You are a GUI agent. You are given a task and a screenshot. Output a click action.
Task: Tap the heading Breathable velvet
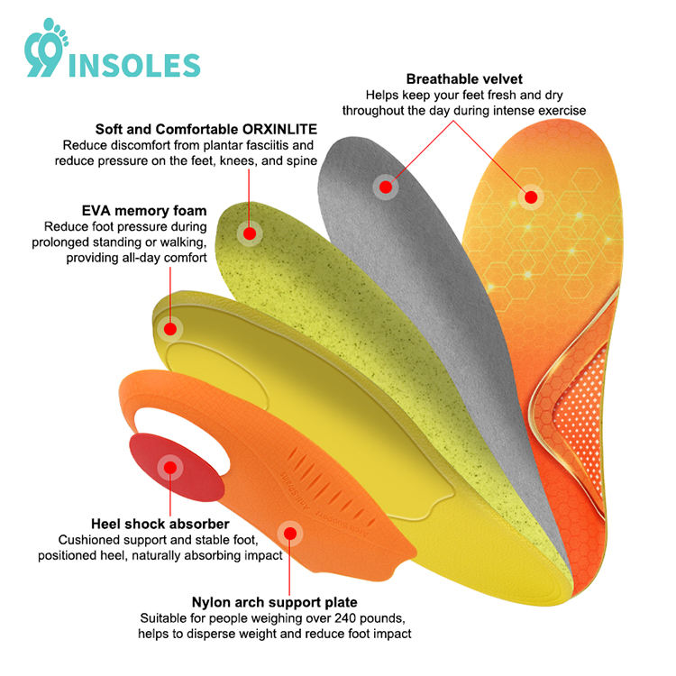click(464, 79)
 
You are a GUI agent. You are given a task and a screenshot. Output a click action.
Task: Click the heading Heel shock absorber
click(159, 524)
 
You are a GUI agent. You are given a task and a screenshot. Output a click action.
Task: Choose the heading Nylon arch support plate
click(275, 602)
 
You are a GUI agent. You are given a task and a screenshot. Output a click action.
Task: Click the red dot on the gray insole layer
click(386, 187)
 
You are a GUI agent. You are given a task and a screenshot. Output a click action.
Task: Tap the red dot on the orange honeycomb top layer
click(531, 196)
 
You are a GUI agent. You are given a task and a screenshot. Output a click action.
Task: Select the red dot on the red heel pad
click(169, 468)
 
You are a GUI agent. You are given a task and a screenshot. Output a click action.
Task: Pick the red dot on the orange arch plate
click(289, 533)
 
